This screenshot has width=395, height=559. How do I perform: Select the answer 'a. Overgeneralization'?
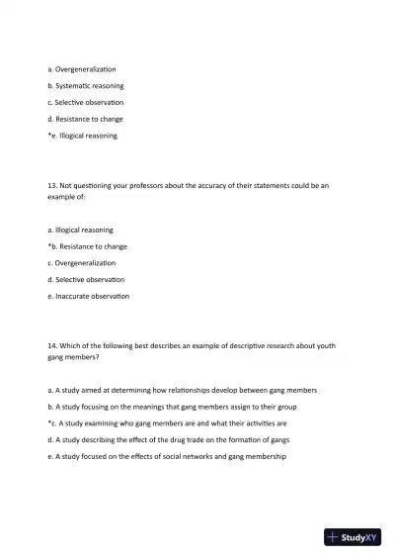coord(82,68)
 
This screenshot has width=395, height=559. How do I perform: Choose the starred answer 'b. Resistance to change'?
coord(87,246)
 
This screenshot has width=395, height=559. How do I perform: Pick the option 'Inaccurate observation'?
coord(88,296)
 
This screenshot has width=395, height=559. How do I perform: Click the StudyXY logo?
coord(353,537)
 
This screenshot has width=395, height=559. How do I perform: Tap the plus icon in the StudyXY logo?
coord(334,537)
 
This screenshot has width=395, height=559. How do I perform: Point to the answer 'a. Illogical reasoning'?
coord(80,230)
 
